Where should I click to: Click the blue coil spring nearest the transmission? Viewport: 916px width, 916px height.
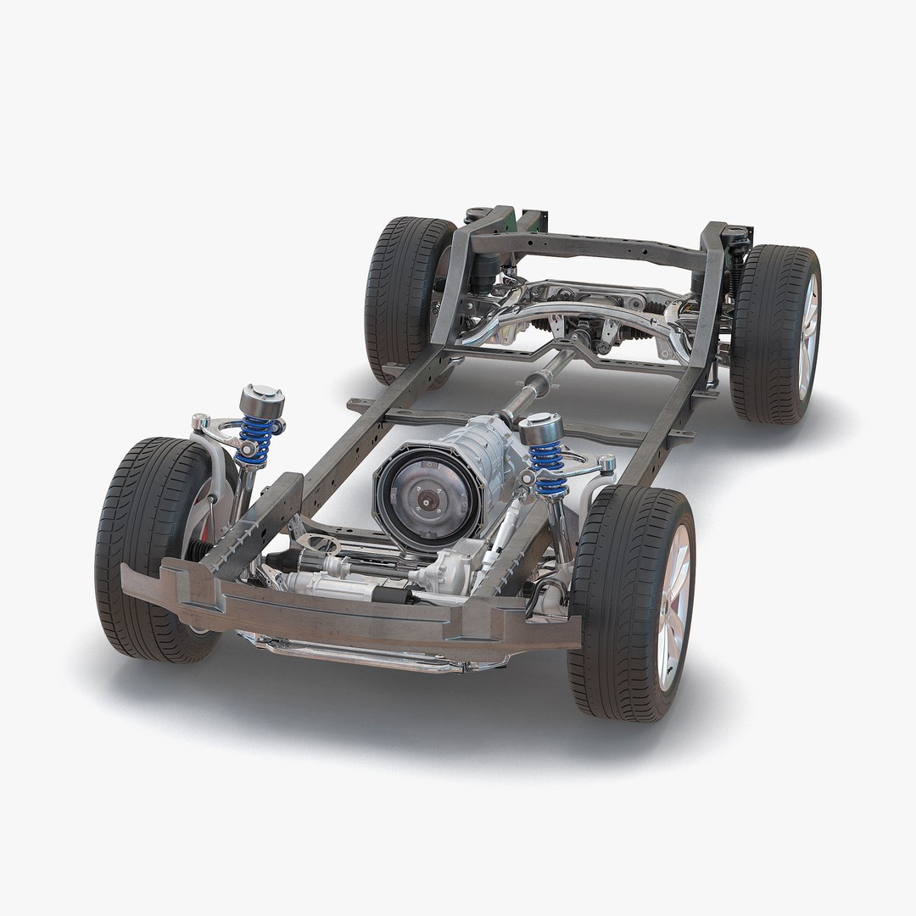click(546, 470)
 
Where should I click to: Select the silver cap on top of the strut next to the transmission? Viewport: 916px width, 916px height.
click(545, 426)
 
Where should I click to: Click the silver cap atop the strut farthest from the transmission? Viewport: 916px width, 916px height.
click(262, 397)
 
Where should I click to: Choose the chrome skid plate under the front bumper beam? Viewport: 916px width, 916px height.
click(373, 653)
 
